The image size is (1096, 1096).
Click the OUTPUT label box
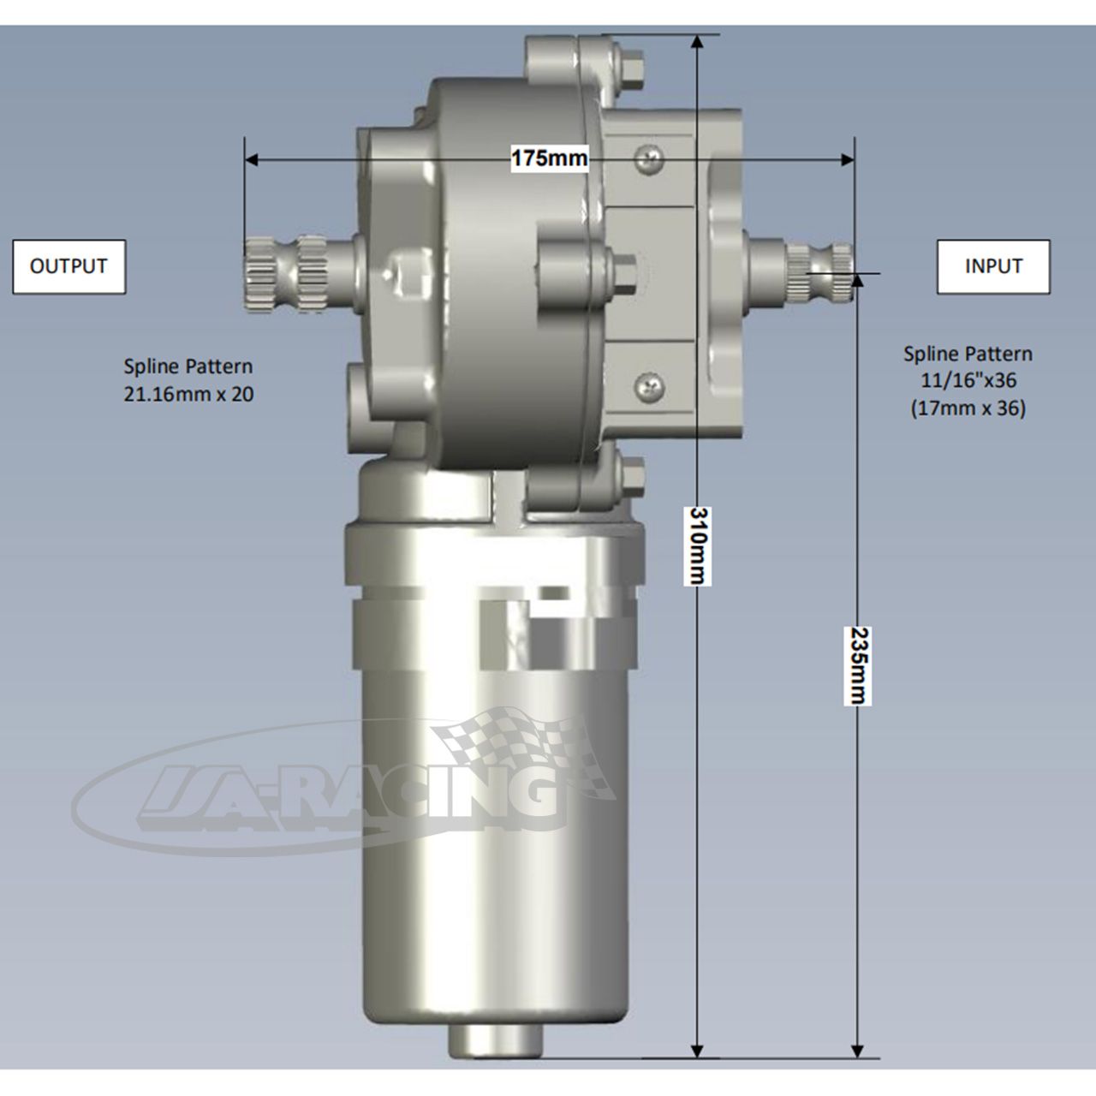(x=68, y=266)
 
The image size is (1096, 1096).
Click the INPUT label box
(x=993, y=266)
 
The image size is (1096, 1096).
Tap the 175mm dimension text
(x=549, y=158)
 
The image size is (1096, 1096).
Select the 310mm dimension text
(x=698, y=545)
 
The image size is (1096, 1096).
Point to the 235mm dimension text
(x=858, y=665)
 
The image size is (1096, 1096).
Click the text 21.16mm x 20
(x=188, y=394)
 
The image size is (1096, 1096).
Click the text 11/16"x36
(x=968, y=380)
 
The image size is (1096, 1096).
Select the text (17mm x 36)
(x=968, y=408)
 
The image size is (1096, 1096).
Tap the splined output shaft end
(x=284, y=274)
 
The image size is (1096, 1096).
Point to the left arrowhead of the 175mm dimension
(x=251, y=160)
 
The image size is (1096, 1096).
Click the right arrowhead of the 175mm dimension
(x=848, y=160)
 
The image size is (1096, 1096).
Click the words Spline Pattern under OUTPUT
(x=188, y=366)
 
